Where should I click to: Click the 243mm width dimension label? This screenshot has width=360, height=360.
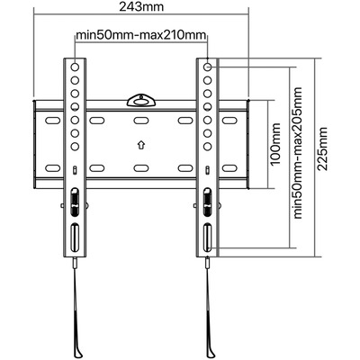pos(141,6)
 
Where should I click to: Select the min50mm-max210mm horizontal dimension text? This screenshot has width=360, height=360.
pos(141,35)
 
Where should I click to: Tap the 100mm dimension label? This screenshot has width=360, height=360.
pos(275,144)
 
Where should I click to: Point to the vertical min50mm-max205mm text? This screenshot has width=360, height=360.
pos(298,153)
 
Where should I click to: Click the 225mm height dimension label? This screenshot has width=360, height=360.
pos(323,148)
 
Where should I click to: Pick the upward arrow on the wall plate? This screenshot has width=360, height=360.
pos(140,145)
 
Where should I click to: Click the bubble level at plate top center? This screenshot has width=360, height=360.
pos(141,101)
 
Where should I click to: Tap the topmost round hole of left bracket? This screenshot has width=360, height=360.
pos(75,67)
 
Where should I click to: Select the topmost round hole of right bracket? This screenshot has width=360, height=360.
pos(207,67)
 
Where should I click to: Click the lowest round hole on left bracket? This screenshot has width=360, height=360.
pos(75,147)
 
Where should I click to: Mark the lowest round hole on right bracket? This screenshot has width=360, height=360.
pos(207,147)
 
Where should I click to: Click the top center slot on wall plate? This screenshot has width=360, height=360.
pos(141,121)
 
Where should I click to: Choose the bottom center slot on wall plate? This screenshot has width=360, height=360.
pos(141,168)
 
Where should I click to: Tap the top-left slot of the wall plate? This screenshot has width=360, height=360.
pos(52,121)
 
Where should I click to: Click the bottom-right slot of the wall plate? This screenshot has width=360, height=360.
pos(229,168)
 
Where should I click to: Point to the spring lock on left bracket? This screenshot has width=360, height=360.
pos(75,202)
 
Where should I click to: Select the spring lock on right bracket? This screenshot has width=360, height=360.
pos(207,202)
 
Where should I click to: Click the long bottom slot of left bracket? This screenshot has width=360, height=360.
pos(75,237)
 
